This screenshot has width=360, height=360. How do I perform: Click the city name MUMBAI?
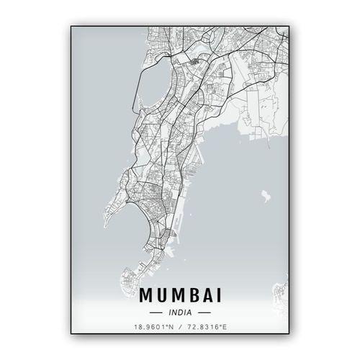tap(179, 295)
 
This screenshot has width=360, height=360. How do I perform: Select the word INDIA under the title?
tap(179, 313)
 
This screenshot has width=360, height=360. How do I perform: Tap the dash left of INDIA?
tap(155, 313)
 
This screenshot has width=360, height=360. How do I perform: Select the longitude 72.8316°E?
tap(208, 328)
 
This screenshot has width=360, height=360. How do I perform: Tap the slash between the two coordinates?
tap(180, 328)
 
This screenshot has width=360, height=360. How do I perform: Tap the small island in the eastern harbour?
tap(266, 195)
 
